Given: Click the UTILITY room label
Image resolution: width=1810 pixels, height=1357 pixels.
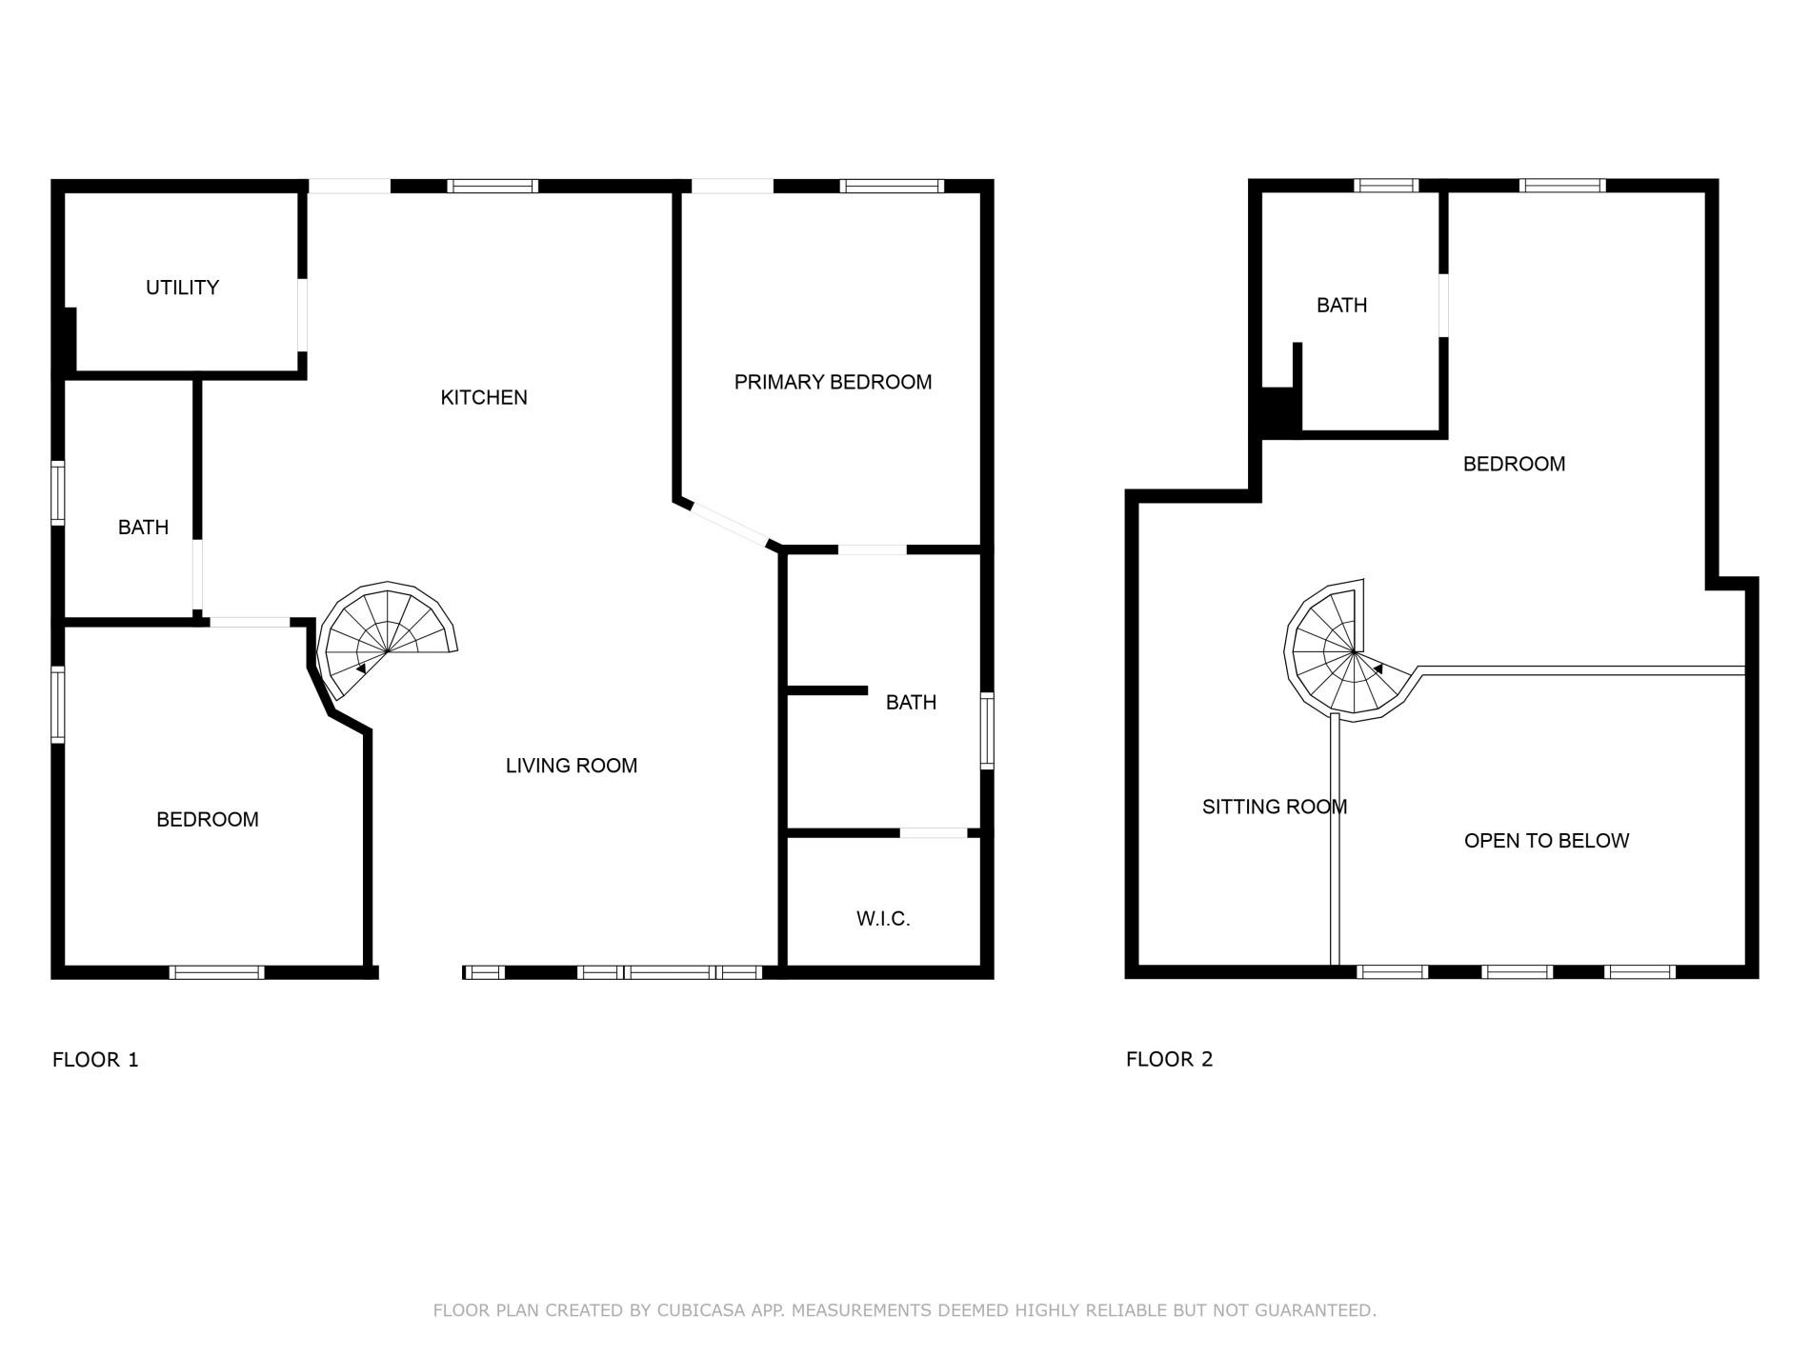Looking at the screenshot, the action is click(x=182, y=288).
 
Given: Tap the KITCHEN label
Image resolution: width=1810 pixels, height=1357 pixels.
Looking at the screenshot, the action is click(x=484, y=398).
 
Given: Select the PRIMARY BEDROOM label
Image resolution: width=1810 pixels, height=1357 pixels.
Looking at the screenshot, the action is click(x=833, y=383).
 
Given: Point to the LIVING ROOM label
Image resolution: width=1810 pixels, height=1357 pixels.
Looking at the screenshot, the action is click(x=572, y=766).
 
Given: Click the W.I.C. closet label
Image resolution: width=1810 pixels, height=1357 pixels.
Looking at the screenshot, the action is click(x=883, y=919).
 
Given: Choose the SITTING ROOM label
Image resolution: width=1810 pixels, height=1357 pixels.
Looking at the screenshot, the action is click(x=1275, y=808).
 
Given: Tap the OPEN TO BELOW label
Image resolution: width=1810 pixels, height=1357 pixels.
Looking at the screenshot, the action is click(x=1546, y=841).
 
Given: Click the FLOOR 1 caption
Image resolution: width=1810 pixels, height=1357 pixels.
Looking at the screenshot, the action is click(x=95, y=1060).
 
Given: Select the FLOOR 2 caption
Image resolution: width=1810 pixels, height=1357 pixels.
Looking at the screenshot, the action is click(x=1170, y=1060).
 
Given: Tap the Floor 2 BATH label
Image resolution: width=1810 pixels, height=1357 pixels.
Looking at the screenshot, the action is click(x=1341, y=306).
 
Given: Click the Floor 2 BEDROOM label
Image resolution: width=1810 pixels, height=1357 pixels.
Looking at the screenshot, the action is click(x=1514, y=465).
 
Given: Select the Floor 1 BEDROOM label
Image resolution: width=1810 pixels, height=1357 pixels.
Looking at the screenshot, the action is click(x=208, y=820).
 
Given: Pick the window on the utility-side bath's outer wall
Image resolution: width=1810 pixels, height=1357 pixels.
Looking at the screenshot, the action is click(x=58, y=493).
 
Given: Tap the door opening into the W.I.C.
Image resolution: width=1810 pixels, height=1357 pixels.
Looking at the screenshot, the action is click(x=934, y=833).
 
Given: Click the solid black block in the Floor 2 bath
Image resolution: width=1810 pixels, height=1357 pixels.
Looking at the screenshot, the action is click(x=1280, y=412).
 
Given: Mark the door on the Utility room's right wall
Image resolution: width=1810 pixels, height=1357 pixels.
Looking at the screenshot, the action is click(x=302, y=315).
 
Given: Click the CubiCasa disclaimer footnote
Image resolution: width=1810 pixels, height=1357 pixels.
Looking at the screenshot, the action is click(x=904, y=1311).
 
